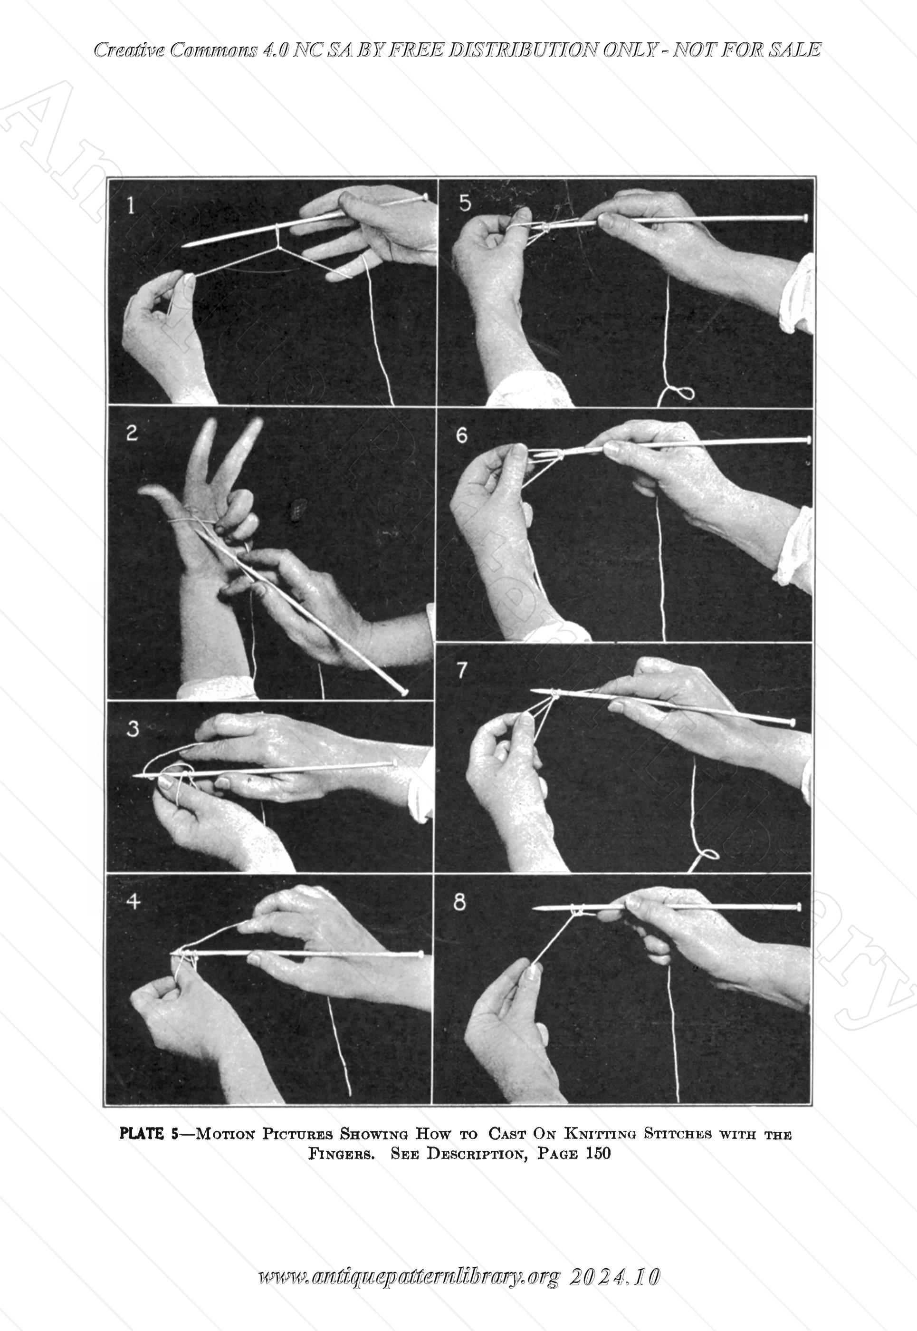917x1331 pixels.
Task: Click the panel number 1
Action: pyautogui.click(x=132, y=206)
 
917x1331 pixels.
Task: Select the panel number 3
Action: pyautogui.click(x=132, y=729)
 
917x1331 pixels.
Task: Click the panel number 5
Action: pyautogui.click(x=465, y=204)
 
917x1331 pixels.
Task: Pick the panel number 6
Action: pyautogui.click(x=462, y=435)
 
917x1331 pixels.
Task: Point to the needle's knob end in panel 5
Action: pyautogui.click(x=804, y=218)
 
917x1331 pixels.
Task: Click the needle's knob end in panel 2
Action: pyautogui.click(x=404, y=692)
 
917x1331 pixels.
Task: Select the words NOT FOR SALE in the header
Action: pyautogui.click(x=746, y=50)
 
